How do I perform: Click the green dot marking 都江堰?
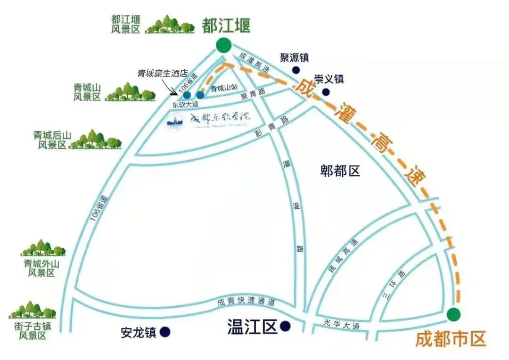coord(224,46)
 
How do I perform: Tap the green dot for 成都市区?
coord(454,314)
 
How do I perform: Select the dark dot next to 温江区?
coord(285,326)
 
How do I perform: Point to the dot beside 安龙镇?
coord(165,332)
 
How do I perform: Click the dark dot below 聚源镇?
coord(296,70)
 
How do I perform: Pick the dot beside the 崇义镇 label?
coord(326,91)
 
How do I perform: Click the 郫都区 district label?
coord(340,171)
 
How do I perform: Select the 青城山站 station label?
coord(223,88)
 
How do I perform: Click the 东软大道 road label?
coord(185,105)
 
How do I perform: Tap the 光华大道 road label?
coord(342,324)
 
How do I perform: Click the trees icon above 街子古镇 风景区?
coord(32,310)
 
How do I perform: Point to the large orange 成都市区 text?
coord(450,339)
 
